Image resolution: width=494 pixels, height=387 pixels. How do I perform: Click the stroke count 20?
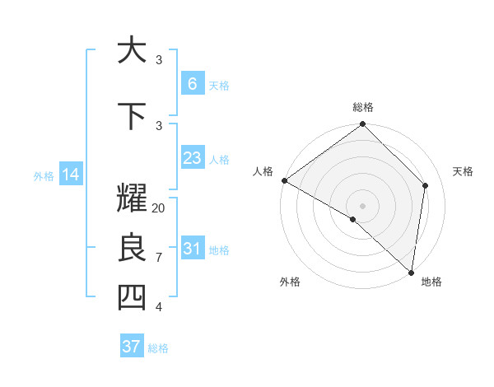[159, 207]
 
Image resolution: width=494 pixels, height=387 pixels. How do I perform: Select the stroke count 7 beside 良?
[159, 257]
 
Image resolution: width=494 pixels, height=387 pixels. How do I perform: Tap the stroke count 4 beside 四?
[159, 306]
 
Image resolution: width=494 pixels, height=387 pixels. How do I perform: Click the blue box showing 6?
[192, 84]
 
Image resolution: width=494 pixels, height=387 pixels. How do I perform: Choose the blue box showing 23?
[192, 158]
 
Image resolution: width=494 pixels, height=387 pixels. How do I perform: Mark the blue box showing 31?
[192, 249]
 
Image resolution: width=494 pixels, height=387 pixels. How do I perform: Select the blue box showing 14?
[70, 175]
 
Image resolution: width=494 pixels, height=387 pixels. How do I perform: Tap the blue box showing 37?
[131, 347]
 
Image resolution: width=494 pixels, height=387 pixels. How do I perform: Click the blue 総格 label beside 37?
[158, 348]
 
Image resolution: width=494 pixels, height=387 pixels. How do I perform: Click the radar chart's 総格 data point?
[362, 124]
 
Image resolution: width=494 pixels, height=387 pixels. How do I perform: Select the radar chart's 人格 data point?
[284, 180]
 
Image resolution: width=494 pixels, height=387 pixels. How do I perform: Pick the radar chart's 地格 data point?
[411, 272]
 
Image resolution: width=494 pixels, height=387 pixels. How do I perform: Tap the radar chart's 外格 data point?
[352, 219]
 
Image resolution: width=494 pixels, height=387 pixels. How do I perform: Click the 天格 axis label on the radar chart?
[463, 171]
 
